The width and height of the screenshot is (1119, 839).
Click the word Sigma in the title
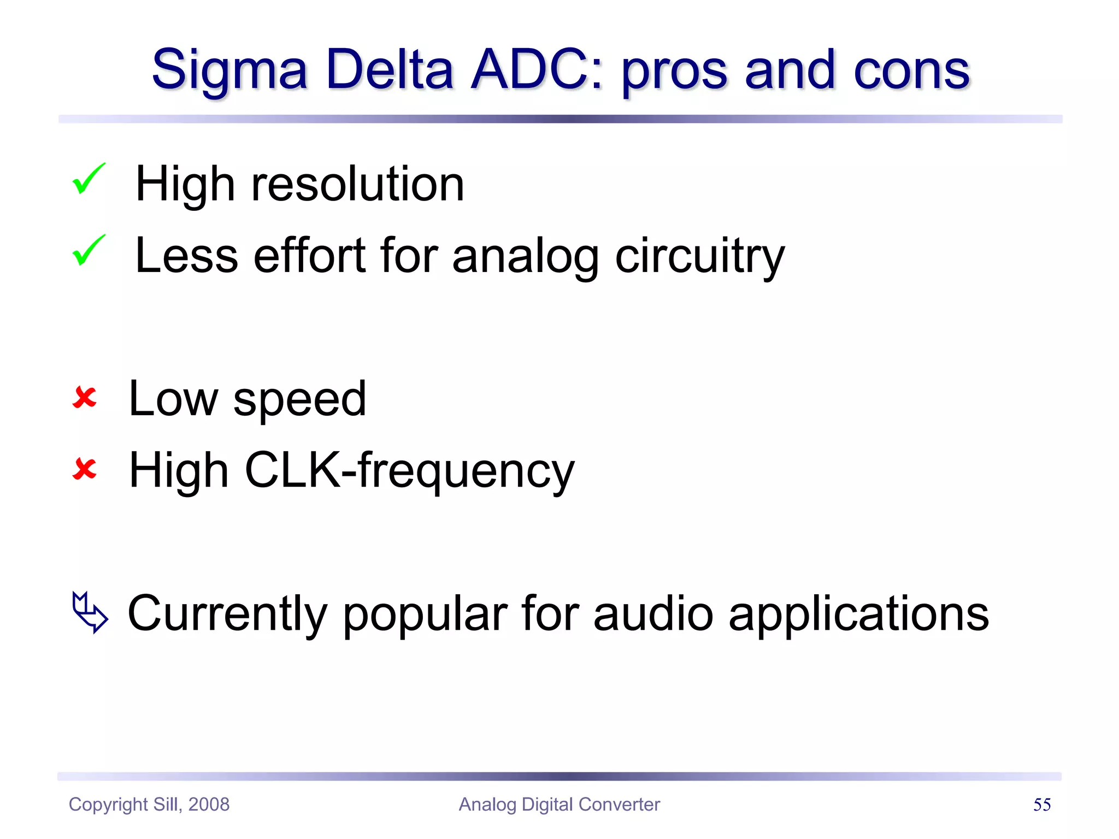click(x=229, y=71)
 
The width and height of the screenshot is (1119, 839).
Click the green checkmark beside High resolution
click(x=89, y=179)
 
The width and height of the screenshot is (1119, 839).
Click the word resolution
click(x=357, y=184)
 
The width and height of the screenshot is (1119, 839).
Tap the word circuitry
click(x=700, y=257)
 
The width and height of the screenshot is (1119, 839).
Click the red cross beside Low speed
click(x=85, y=398)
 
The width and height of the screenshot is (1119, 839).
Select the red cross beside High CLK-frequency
click(x=85, y=469)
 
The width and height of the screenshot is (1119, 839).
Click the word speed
click(x=299, y=400)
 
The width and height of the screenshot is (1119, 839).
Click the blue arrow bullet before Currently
click(x=90, y=612)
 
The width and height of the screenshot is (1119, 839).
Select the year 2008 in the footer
click(x=209, y=805)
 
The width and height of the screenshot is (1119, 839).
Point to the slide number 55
click(x=1042, y=805)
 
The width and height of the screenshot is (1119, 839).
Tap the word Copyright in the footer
click(x=108, y=805)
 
